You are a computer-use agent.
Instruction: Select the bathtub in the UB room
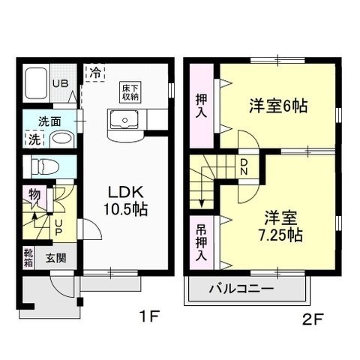(37, 86)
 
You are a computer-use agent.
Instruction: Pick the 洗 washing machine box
(34, 139)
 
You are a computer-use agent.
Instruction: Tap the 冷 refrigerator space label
(96, 73)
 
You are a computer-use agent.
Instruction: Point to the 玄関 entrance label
(56, 259)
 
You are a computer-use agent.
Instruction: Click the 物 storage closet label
(34, 194)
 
